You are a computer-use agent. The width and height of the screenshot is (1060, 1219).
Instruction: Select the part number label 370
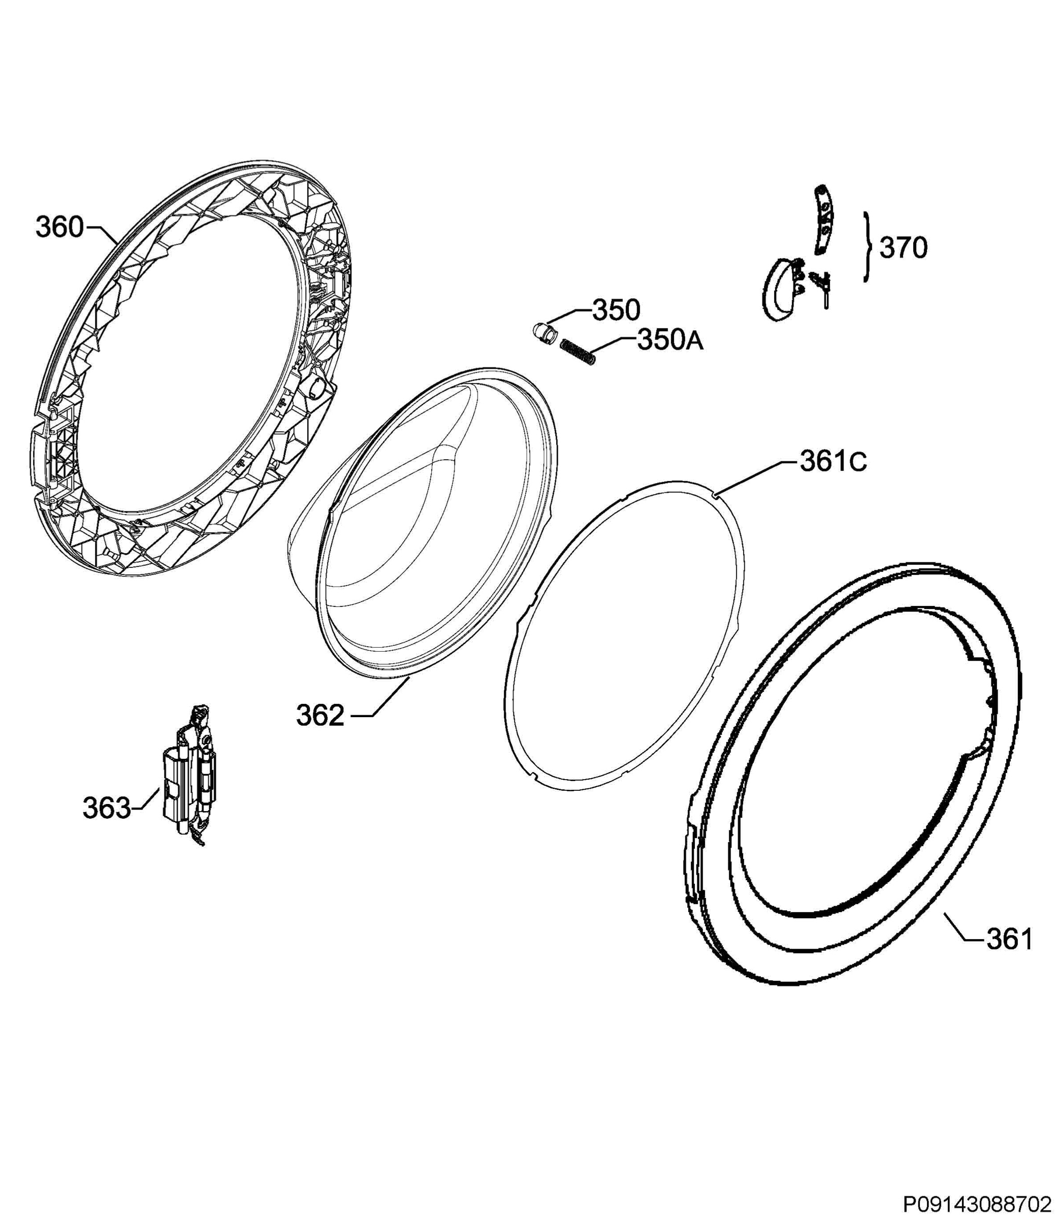[903, 248]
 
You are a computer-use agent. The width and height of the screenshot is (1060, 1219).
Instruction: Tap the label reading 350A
[670, 341]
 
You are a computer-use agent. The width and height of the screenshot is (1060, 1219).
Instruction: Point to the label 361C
[833, 462]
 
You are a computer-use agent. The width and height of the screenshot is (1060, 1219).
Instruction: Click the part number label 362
[320, 716]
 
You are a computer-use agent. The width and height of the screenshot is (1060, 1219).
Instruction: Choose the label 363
[107, 809]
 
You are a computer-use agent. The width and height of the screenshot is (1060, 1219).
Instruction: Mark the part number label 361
[1009, 939]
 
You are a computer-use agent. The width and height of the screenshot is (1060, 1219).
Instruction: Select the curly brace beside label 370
[867, 247]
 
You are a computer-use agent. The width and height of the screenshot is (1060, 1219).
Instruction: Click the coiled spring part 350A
[577, 351]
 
